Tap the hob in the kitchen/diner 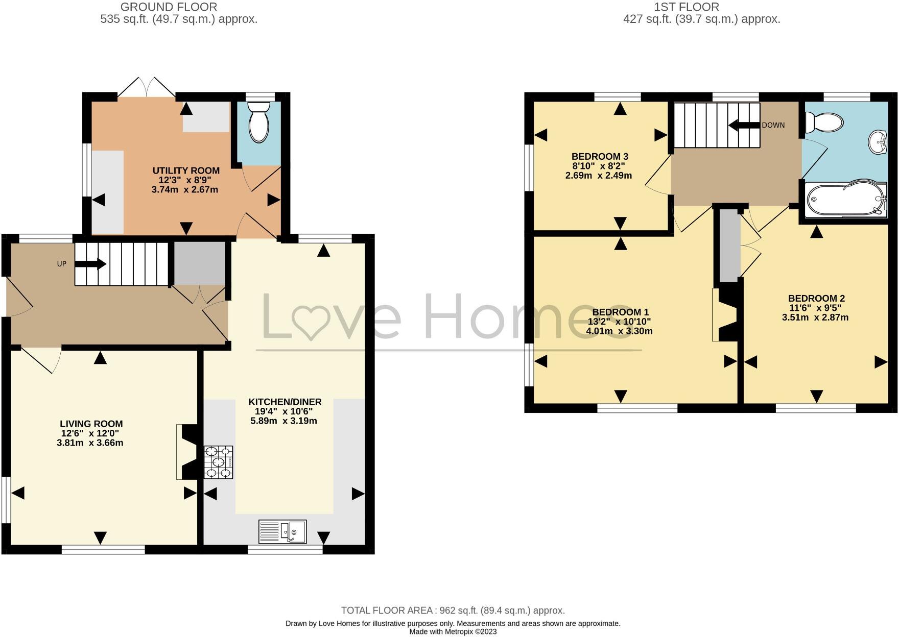pyautogui.click(x=219, y=462)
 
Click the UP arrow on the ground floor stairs pyautogui.click(x=90, y=264)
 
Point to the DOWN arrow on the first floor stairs pyautogui.click(x=742, y=125)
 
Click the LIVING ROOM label pyautogui.click(x=91, y=424)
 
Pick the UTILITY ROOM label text pyautogui.click(x=186, y=170)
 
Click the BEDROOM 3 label pyautogui.click(x=599, y=156)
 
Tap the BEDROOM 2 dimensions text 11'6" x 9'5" pyautogui.click(x=815, y=308)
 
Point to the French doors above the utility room pyautogui.click(x=147, y=87)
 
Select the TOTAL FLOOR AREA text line pyautogui.click(x=453, y=610)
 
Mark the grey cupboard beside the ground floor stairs pyautogui.click(x=199, y=263)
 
